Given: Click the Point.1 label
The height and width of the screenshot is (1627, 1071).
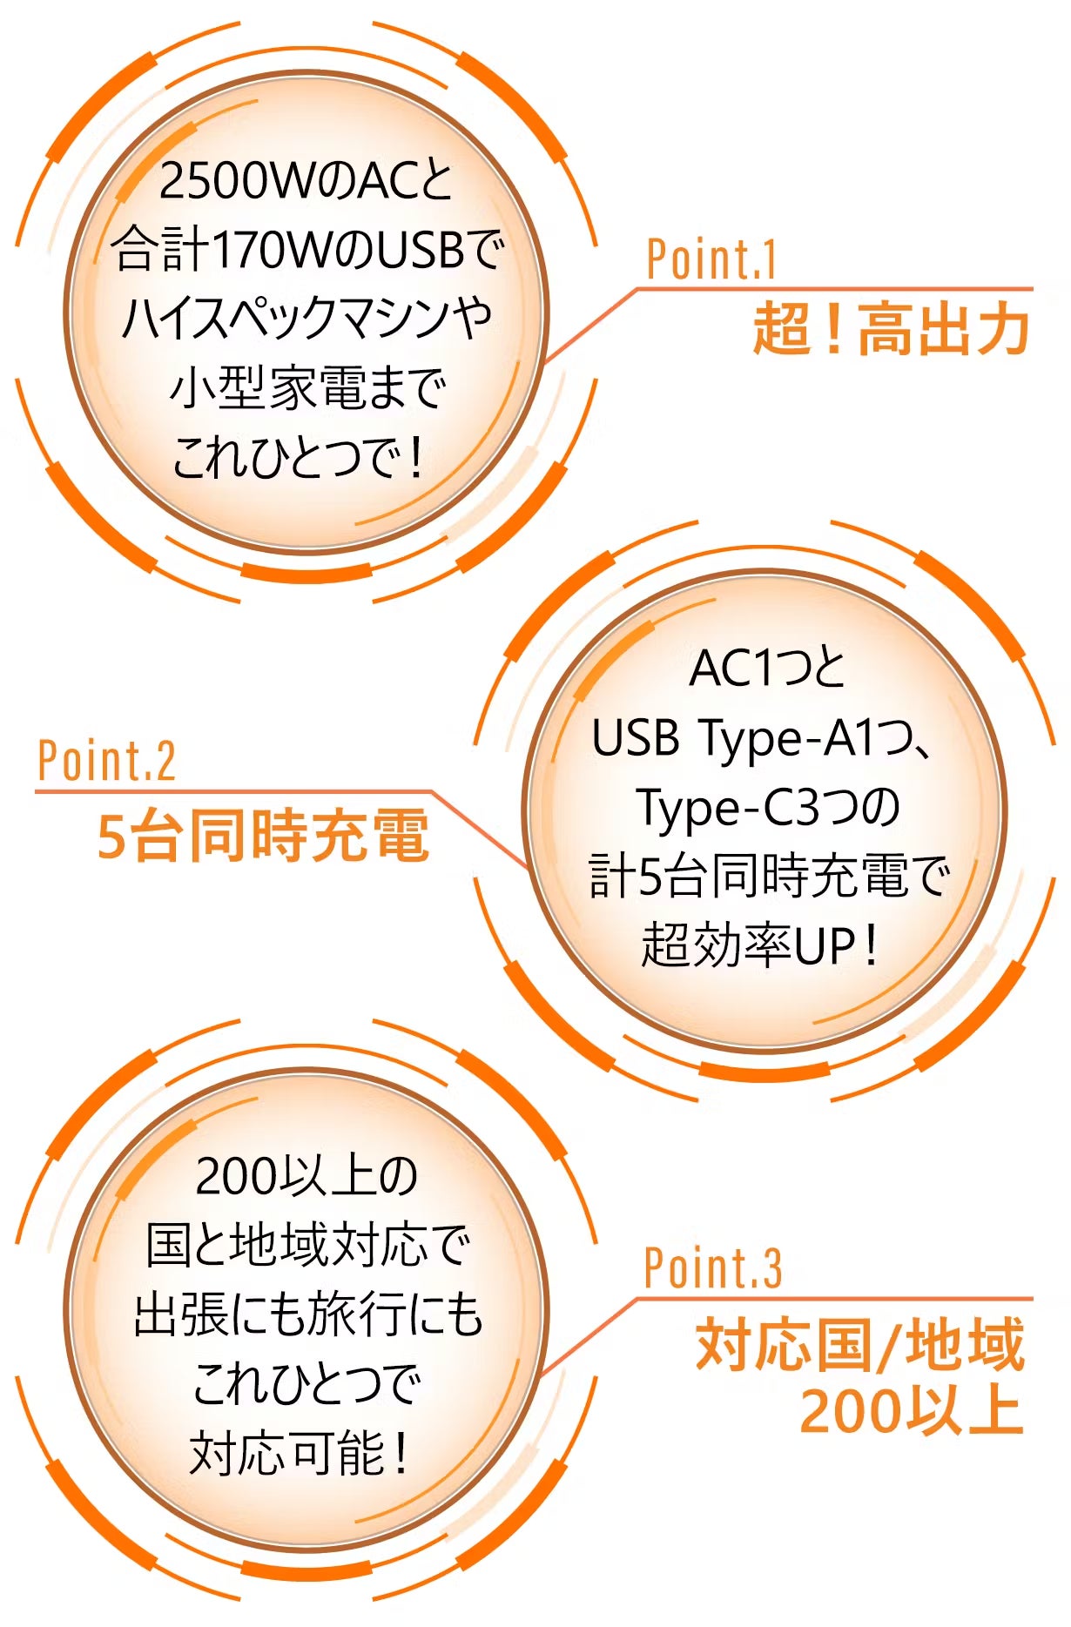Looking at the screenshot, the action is pos(711,259).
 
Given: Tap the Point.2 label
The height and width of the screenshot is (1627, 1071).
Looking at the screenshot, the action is pos(106,761).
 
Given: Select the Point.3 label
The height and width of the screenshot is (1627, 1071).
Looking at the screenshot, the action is pos(712,1267).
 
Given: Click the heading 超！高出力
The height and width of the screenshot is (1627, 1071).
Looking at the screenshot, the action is pos(891,329).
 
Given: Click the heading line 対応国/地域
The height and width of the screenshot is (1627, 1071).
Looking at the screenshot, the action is pos(860,1344).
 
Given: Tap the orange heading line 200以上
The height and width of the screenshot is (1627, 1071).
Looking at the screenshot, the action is pos(911,1410).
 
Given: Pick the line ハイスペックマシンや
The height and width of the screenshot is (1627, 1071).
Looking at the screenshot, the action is pos(306,318).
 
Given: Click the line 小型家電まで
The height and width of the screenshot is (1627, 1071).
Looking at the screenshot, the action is pos(307,387).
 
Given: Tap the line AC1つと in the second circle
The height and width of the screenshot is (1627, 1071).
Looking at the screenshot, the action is pos(766,669).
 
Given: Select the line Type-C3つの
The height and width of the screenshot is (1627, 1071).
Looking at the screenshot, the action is pos(767,808).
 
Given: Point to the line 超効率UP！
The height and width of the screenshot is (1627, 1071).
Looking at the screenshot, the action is pos(760,945).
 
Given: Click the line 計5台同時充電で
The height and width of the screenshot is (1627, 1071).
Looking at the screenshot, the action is pos(768,876).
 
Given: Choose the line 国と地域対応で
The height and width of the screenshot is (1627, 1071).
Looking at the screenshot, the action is pos(307,1245).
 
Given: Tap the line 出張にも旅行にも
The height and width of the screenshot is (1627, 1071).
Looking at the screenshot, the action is pos(307,1314).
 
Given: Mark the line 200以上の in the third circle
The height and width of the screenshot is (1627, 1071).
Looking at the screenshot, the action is pos(306,1176).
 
